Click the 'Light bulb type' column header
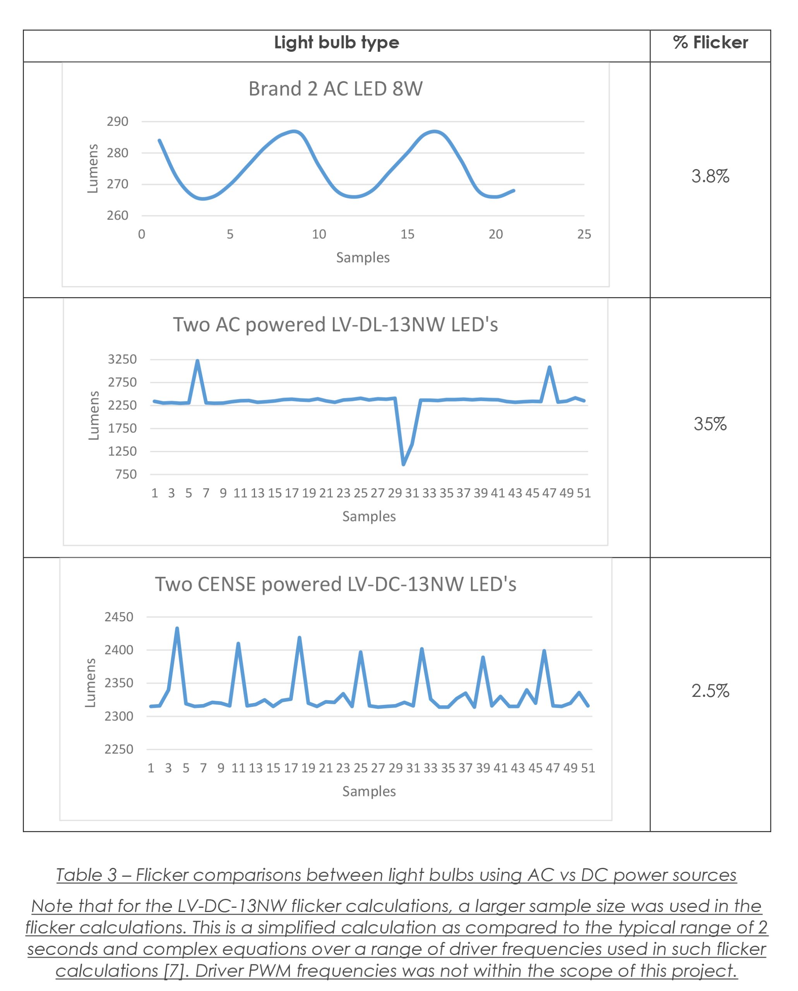tap(336, 43)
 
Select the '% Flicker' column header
tap(710, 43)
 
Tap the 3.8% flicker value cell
tap(710, 177)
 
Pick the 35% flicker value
tap(710, 424)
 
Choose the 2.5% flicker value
tap(710, 691)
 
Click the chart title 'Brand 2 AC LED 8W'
tap(336, 89)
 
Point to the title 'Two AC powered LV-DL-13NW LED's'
tap(336, 325)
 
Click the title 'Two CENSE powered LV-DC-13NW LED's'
tap(336, 585)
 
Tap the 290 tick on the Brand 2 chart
tap(117, 122)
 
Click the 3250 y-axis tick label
tap(122, 359)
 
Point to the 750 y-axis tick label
tap(126, 475)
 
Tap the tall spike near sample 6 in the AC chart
tap(198, 362)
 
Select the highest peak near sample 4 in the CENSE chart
tap(177, 629)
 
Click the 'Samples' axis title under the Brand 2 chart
tap(363, 257)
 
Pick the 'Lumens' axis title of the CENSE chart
tap(91, 683)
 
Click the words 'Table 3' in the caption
tap(86, 875)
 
